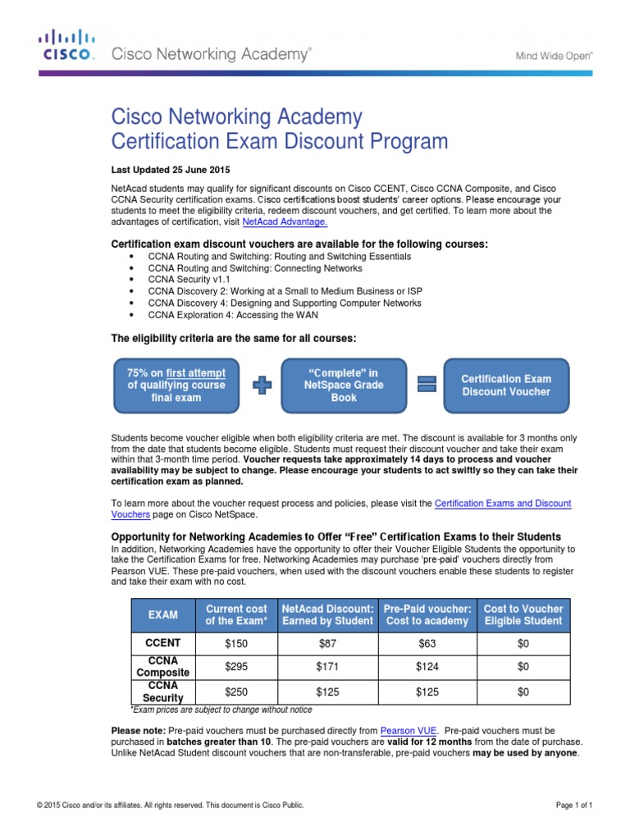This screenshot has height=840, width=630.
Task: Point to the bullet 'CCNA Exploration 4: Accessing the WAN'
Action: coord(233,314)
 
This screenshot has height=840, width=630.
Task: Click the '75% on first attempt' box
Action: coord(176,386)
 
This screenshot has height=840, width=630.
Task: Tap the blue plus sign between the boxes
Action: coord(262,386)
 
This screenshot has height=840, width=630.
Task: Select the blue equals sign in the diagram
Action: coord(425,386)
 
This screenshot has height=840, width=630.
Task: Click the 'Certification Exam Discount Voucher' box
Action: coord(505,386)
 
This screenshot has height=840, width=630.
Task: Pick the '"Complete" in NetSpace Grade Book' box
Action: coord(343,386)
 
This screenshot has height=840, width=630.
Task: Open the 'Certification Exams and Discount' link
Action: coord(502,503)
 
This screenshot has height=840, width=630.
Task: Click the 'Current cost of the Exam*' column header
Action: coord(236,614)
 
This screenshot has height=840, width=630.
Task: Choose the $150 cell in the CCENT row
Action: coord(236,644)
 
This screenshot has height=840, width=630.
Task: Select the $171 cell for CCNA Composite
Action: coord(327,668)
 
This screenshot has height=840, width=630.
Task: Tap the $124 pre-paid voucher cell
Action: coord(427,668)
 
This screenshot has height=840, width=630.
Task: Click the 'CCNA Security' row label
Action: coord(162,692)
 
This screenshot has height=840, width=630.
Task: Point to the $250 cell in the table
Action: coord(236,692)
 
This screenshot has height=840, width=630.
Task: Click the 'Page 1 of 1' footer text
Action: coord(573,806)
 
